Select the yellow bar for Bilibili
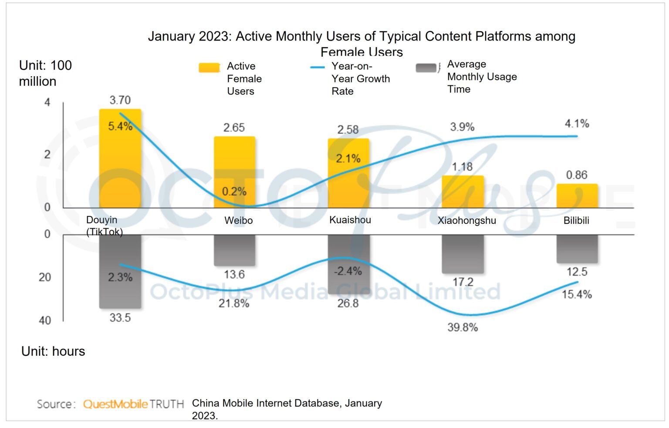coord(577,196)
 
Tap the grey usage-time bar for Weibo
coord(234,250)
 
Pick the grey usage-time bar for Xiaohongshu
coord(463,254)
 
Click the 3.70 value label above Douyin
coord(120,100)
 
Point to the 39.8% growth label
coord(463,327)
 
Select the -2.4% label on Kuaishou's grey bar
coord(348,271)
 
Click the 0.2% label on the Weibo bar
coord(234,192)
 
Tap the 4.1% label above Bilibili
coord(577,124)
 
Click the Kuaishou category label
coord(350,220)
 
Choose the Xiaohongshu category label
coord(466,220)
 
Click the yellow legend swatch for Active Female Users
coord(209,67)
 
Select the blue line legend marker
coord(317,67)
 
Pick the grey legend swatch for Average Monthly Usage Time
coord(426,68)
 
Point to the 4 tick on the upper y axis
coord(47,102)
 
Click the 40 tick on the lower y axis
coord(45,320)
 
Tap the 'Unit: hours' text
coord(53,351)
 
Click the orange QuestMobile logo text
coord(115,404)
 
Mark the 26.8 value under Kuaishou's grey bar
coord(348,303)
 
